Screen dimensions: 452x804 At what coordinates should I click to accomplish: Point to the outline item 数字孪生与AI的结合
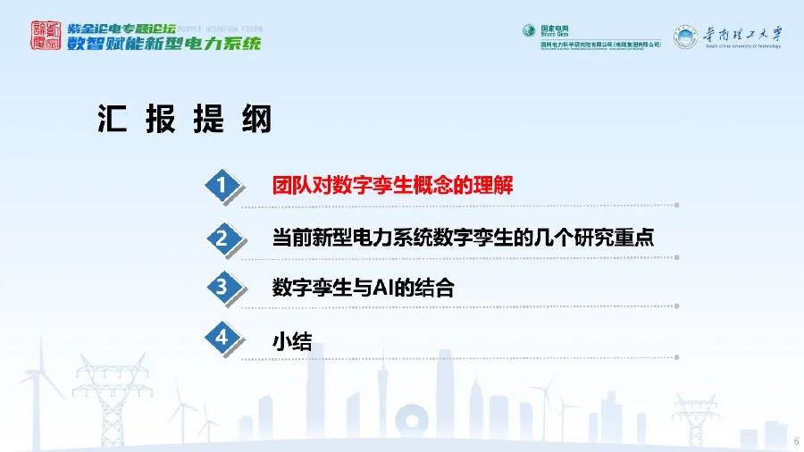point(363,289)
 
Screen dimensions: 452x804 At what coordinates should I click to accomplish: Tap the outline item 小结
point(292,340)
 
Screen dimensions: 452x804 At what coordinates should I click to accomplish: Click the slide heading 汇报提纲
point(184,119)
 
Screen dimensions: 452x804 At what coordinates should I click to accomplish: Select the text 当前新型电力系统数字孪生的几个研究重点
point(463,238)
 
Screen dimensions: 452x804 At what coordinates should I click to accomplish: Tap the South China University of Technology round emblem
point(685,37)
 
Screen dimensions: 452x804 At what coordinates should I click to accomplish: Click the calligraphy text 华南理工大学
point(741,33)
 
